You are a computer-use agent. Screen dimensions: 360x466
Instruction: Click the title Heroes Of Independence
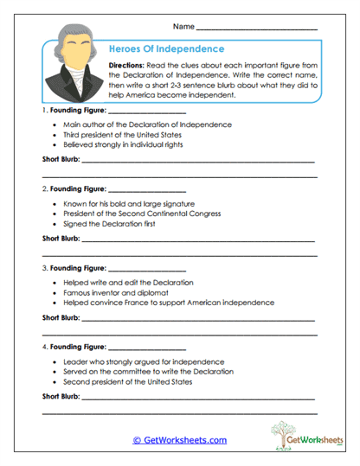coord(168,49)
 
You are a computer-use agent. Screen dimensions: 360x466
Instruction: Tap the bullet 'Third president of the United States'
coord(122,135)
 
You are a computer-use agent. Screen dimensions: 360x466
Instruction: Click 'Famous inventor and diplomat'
coord(112,292)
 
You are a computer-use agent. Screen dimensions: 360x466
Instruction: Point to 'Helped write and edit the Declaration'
coord(128,283)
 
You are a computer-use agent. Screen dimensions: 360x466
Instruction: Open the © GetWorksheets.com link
coord(179,440)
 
